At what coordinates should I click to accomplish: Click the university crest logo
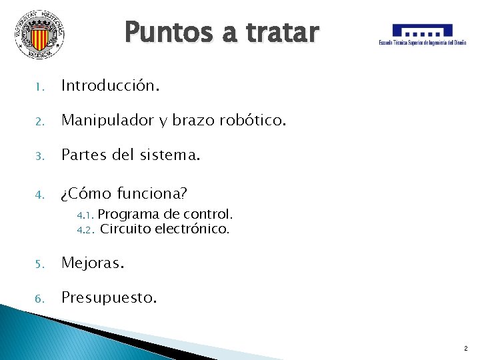click(40, 34)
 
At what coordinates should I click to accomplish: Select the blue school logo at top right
click(423, 34)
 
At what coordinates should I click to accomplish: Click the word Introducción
click(111, 85)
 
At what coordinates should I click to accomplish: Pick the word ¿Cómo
click(85, 194)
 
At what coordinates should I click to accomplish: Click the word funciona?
click(152, 194)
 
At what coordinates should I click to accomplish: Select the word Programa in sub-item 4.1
click(128, 215)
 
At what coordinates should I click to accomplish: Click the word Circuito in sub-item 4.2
click(125, 229)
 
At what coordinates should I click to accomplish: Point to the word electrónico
click(192, 229)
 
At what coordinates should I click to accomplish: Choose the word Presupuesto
click(109, 297)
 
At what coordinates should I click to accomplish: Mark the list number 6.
click(39, 299)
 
